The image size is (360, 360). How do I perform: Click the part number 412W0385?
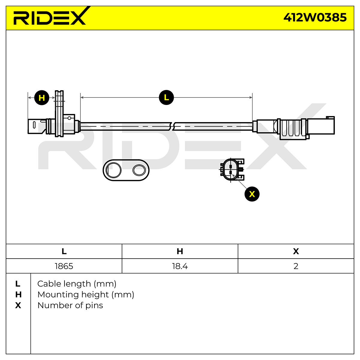pos(315,18)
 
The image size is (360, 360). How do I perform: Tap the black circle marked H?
pos(42,98)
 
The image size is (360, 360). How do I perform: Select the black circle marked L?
pos(166,97)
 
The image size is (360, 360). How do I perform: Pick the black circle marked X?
pos(252,194)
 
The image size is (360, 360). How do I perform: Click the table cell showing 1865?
pos(64,266)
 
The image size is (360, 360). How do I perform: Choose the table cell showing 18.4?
pos(180,266)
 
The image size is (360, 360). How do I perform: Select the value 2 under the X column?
pos(296,266)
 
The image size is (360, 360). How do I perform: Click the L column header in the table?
pos(64,251)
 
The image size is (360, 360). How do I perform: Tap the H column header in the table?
pos(180,251)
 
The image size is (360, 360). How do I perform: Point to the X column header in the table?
pos(296,251)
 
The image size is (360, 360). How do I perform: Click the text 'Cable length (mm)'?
pos(77,284)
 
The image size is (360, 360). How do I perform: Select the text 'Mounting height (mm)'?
pos(86,295)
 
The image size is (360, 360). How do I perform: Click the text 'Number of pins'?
pos(70,305)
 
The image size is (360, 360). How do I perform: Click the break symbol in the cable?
pos(172,127)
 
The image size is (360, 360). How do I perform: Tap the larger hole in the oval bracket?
pos(113,170)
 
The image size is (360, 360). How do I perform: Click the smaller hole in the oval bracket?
pos(139,170)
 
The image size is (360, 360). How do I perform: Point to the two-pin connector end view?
pos(232,169)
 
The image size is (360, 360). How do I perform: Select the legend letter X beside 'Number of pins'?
pos(18,305)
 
